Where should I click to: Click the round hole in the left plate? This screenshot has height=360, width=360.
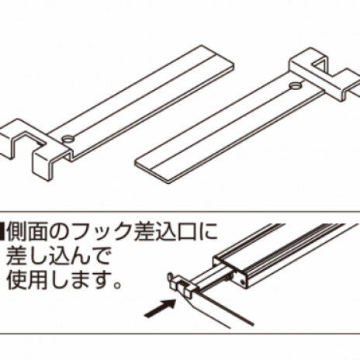point(68,140)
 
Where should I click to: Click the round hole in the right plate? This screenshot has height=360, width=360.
point(295,85)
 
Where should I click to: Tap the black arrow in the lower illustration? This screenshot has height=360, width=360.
point(160,308)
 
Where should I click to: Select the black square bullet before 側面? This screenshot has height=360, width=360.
point(2,231)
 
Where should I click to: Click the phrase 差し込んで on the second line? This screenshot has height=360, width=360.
point(58,256)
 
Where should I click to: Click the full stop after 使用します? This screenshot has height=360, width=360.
point(117,286)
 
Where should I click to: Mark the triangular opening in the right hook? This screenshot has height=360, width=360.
point(320,65)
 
